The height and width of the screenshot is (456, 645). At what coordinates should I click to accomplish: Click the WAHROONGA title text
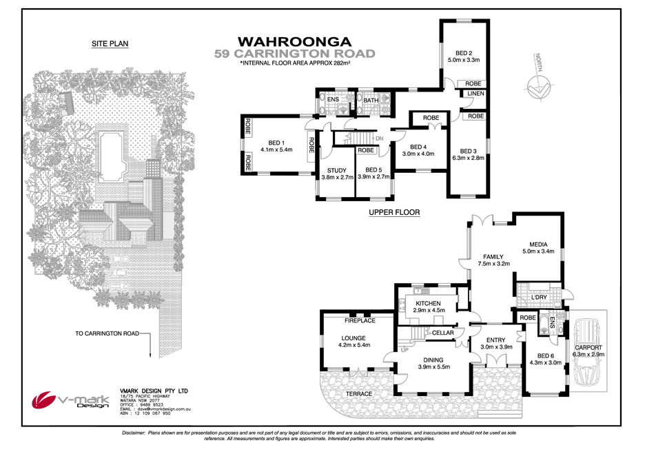click(294, 41)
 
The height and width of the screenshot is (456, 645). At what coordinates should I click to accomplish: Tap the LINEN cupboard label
click(475, 94)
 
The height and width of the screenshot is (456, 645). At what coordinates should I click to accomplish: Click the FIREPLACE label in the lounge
click(359, 320)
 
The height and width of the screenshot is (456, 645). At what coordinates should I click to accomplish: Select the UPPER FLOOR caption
click(393, 212)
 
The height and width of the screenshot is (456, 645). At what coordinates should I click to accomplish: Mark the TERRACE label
click(358, 394)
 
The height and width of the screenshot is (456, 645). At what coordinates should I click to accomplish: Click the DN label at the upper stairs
click(379, 137)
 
